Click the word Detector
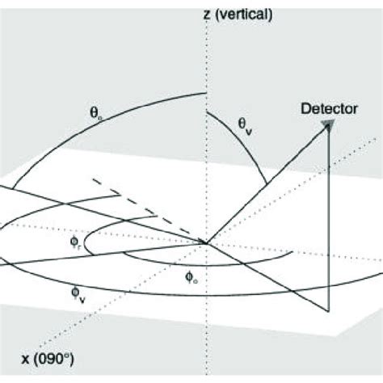[x=329, y=109]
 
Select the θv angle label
[x=245, y=127]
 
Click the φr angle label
[x=75, y=242]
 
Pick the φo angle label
[x=191, y=277]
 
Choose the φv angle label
[x=78, y=295]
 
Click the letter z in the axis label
[x=207, y=15]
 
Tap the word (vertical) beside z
[x=244, y=15]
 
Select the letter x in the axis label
[x=25, y=360]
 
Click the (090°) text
[x=54, y=360]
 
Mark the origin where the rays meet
[x=207, y=243]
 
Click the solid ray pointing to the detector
[x=267, y=185]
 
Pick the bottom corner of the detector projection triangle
[x=328, y=312]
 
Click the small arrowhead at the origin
[x=203, y=242]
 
